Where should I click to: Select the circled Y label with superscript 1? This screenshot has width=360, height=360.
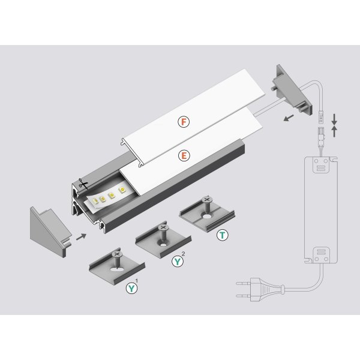[x=130, y=289]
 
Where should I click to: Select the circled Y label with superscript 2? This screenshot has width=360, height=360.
[x=178, y=261]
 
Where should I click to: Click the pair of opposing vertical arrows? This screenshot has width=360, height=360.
[x=334, y=124]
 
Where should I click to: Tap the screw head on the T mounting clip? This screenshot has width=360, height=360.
[x=208, y=200]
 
